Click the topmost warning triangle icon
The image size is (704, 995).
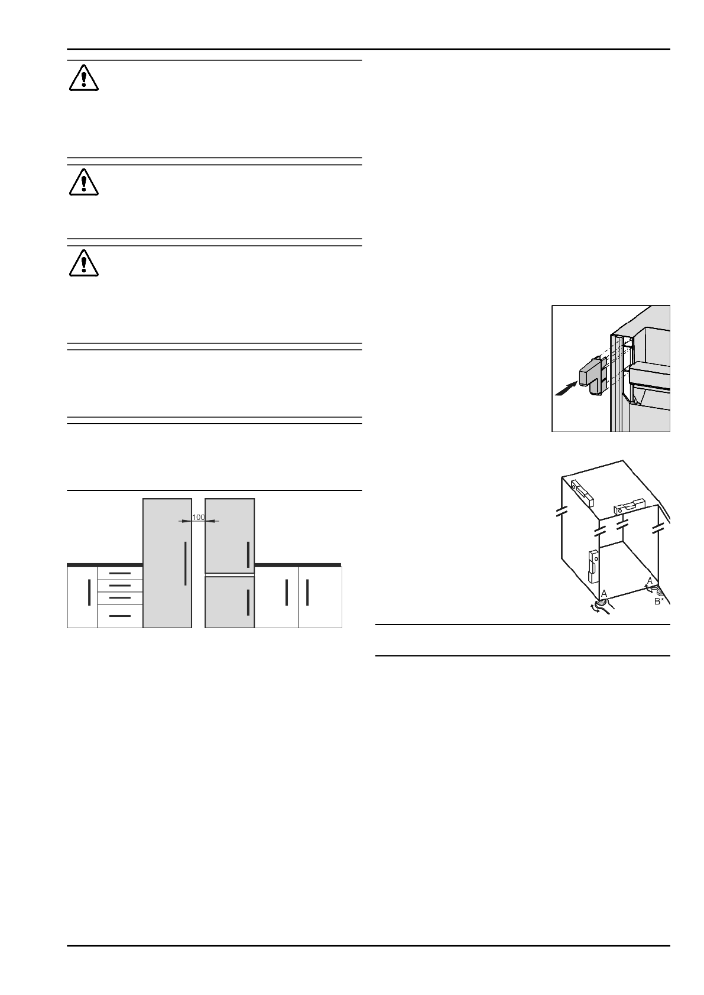(x=83, y=79)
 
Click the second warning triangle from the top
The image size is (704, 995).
(x=83, y=182)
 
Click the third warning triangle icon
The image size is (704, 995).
(x=83, y=264)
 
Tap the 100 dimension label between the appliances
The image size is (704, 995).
(x=199, y=518)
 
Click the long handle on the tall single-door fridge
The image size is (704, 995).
(x=186, y=564)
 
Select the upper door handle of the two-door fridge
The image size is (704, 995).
(x=248, y=554)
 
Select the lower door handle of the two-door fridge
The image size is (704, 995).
(x=248, y=602)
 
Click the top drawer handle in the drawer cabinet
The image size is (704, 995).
(x=120, y=573)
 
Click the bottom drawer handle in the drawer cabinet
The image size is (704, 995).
(x=120, y=616)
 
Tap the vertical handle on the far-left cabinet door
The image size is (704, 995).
(x=89, y=592)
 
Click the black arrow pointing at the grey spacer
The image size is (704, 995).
(x=566, y=388)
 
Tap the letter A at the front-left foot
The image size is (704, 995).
(x=604, y=593)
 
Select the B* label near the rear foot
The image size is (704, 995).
(x=659, y=601)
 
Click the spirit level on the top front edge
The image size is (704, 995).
(x=627, y=507)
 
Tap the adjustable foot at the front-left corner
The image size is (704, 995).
(x=601, y=604)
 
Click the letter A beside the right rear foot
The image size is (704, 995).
(x=650, y=581)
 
